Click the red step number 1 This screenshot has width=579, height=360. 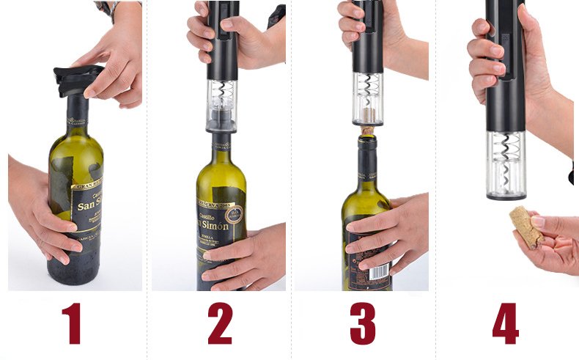click(x=71, y=323)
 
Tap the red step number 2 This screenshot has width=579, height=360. click(x=219, y=323)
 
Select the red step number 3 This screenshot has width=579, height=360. click(x=363, y=323)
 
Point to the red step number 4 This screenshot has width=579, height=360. click(x=506, y=323)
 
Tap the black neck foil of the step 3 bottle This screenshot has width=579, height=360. click(x=367, y=158)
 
